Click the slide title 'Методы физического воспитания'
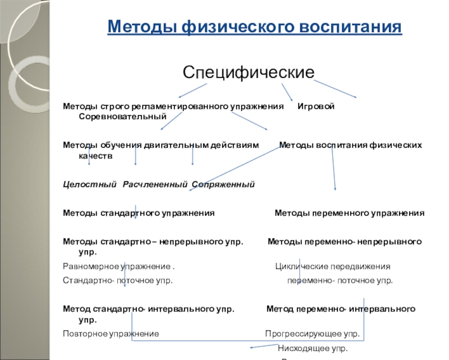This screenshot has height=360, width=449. pyautogui.click(x=255, y=27)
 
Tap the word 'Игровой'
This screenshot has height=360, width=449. pyautogui.click(x=316, y=107)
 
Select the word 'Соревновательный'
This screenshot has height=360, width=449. pyautogui.click(x=123, y=116)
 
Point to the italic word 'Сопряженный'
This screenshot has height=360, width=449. pyautogui.click(x=223, y=184)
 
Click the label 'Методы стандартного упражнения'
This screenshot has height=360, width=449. pyautogui.click(x=139, y=213)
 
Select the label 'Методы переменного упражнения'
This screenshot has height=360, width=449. pyautogui.click(x=349, y=213)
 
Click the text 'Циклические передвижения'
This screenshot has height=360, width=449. pyautogui.click(x=333, y=266)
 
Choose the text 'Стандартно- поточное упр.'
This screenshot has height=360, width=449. pyautogui.click(x=118, y=280)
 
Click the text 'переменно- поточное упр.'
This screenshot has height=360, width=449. pyautogui.click(x=340, y=280)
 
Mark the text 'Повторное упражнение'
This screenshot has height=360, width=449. pyautogui.click(x=111, y=334)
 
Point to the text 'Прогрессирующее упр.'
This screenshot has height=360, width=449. pyautogui.click(x=312, y=334)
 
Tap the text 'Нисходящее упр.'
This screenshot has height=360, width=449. pyautogui.click(x=313, y=348)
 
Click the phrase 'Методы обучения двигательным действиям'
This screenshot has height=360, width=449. pyautogui.click(x=161, y=145)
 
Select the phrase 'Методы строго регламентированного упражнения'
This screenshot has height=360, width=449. pyautogui.click(x=173, y=107)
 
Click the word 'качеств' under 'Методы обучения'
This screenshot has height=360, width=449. pyautogui.click(x=95, y=155)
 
